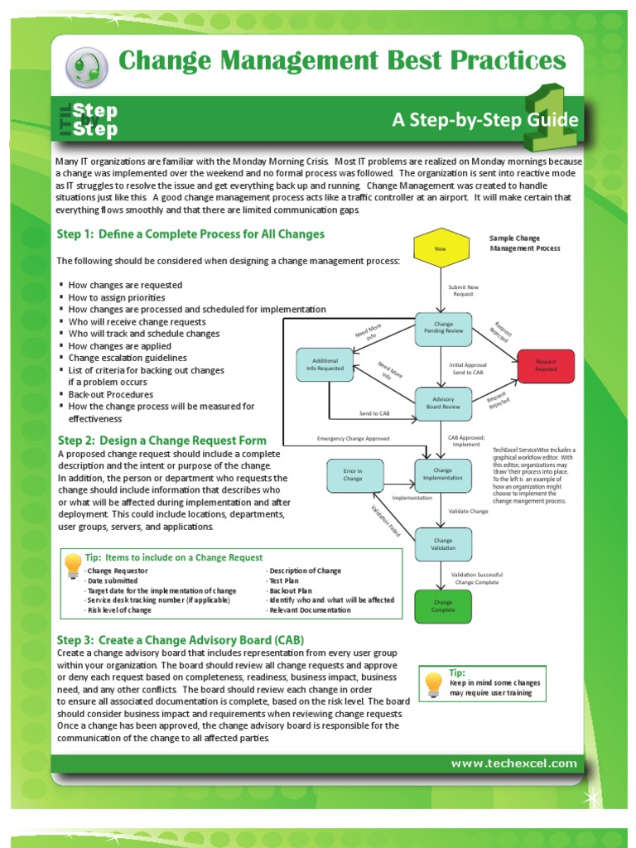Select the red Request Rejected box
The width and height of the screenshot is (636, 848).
pos(546,366)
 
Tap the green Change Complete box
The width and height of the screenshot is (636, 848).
pos(442,606)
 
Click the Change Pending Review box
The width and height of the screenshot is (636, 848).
pos(443,327)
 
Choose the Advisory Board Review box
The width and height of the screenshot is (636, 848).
pos(443,402)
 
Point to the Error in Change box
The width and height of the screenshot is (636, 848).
pos(353,475)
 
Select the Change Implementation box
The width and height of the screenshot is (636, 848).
pos(443,475)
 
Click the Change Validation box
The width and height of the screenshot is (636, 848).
pos(443,543)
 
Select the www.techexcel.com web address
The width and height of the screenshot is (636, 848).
pos(513,763)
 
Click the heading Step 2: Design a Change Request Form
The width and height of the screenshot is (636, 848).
pos(161,440)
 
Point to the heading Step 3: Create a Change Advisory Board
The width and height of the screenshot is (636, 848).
pos(180,640)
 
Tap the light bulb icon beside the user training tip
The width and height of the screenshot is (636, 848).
pos(433,683)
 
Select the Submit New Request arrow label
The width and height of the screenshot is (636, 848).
pos(464,291)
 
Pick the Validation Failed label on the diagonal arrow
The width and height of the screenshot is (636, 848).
pos(384,520)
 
